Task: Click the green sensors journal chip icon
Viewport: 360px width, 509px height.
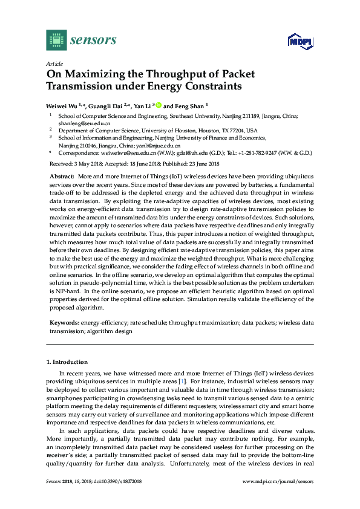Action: (x=56, y=41)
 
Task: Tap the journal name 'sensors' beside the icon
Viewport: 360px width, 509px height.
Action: (x=93, y=41)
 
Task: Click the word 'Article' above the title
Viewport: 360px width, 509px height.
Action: (x=54, y=63)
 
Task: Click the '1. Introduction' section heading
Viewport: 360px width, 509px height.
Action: (x=67, y=361)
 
